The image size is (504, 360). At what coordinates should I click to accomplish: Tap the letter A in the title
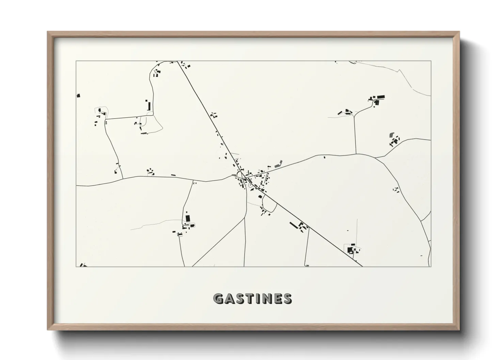pos(230,298)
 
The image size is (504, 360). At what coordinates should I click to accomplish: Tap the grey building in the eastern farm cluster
pos(391,135)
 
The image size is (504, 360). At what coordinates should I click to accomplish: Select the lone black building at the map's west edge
pos(78,96)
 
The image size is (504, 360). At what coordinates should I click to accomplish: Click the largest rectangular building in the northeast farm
pos(380,97)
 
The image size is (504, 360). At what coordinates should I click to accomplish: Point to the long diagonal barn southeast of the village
pos(294,225)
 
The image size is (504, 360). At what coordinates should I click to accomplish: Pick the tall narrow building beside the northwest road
pos(148,105)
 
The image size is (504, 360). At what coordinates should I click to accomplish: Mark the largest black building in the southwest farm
pos(187,218)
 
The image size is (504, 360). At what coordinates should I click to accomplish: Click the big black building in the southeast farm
pos(350,250)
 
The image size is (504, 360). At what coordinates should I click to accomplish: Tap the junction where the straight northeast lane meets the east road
pos(356,154)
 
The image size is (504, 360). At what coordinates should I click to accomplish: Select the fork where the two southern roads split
pos(245,218)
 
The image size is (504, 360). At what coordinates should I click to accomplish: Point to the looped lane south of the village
pos(269,206)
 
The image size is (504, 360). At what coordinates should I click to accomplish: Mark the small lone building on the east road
pos(324,157)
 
